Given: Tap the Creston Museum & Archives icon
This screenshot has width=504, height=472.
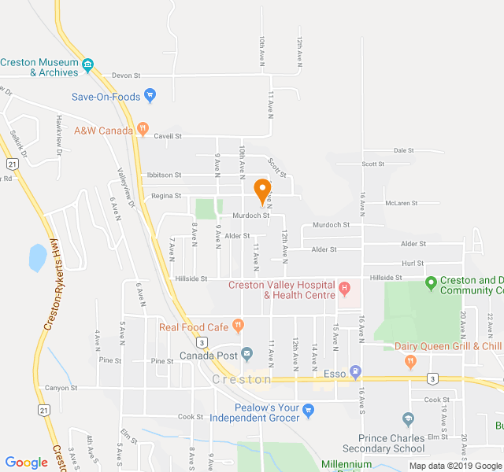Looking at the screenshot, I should [88, 64].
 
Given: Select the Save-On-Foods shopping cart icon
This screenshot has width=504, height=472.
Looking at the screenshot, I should [150, 96].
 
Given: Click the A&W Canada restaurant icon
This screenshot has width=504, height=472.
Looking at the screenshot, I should [143, 127].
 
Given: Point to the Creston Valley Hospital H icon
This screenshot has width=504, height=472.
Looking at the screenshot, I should [344, 289].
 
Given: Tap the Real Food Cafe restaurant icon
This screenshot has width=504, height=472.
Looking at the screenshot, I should [238, 324].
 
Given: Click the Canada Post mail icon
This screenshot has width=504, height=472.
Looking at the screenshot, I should [246, 353].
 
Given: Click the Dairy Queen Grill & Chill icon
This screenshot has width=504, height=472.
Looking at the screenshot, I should [409, 361].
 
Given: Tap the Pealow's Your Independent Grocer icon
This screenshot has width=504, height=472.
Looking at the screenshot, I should [308, 409].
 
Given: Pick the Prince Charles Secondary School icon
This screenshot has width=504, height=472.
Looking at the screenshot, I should [408, 419].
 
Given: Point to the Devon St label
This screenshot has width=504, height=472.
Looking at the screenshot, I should [125, 76].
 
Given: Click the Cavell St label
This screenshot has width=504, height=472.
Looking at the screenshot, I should [167, 135].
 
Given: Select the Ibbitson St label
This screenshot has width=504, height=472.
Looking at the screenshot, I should [164, 175].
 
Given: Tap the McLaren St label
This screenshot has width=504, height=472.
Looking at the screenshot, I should [401, 203].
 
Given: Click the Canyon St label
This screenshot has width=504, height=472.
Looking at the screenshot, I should [61, 387].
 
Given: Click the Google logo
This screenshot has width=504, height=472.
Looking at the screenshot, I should [27, 463].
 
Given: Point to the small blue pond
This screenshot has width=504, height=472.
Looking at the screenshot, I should [37, 257].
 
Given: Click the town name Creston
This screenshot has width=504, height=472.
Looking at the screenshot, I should [242, 379].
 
